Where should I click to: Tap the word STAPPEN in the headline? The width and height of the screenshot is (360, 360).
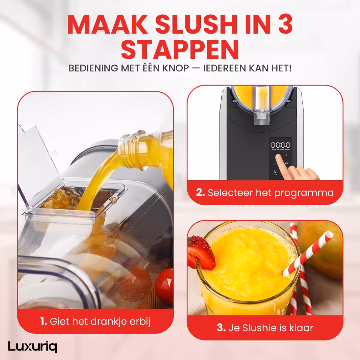[x=180, y=49]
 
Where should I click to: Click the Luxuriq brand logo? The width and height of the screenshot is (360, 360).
[x=32, y=347]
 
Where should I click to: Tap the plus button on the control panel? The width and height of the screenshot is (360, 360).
[x=286, y=155]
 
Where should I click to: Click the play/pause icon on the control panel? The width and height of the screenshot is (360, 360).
[x=286, y=163]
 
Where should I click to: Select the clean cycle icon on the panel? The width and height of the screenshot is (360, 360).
[x=275, y=171]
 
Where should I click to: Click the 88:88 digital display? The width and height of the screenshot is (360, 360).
[x=280, y=145]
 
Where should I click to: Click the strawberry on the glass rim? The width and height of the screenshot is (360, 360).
[x=201, y=253]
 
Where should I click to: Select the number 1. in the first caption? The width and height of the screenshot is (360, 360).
[x=43, y=321]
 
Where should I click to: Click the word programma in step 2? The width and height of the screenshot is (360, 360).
[x=304, y=193]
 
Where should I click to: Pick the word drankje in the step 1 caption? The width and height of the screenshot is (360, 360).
[x=107, y=322]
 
